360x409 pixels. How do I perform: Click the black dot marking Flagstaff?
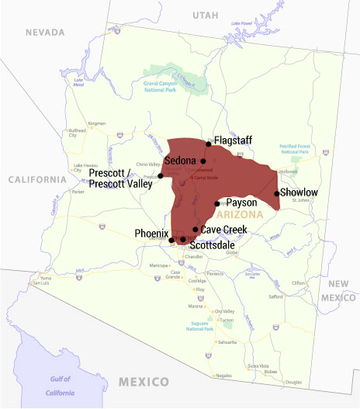[x=209, y=144]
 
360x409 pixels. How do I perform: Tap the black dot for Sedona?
[x=203, y=161]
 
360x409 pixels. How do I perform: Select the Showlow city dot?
[x=277, y=193]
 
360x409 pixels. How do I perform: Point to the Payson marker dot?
[x=217, y=203]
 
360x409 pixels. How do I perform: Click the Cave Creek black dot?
[x=195, y=230]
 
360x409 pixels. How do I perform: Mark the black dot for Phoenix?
[x=171, y=240]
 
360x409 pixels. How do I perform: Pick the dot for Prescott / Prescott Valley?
[x=161, y=175]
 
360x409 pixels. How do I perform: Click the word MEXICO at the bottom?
[x=144, y=382]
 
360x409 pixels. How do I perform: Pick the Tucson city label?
[x=227, y=320]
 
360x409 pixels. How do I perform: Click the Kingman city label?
[x=97, y=123]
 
